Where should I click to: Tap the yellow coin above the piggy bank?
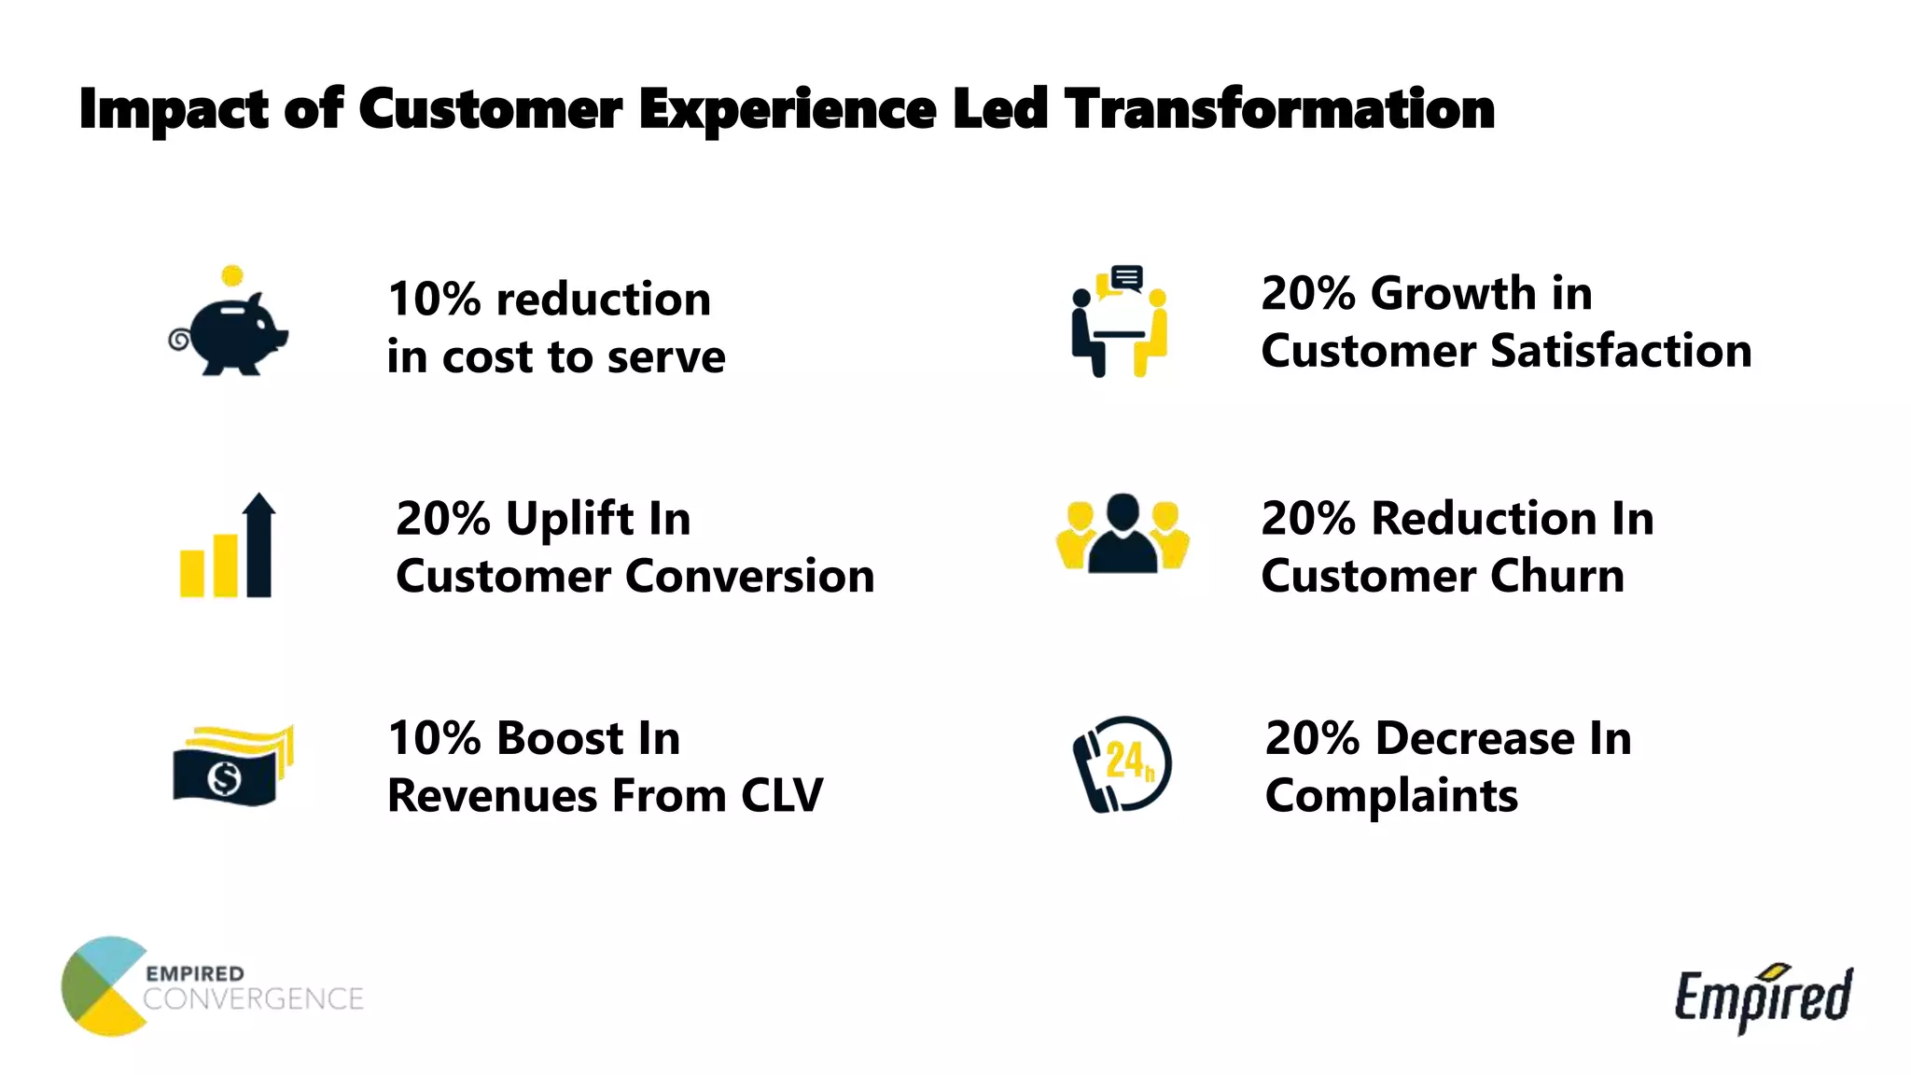(x=232, y=275)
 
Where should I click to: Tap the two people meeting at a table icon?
(x=1119, y=322)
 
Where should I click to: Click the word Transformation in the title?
(x=1279, y=109)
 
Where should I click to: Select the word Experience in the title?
(x=787, y=109)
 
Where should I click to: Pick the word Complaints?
(x=1390, y=796)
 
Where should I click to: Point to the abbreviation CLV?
(x=782, y=796)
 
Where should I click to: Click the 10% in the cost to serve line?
(x=434, y=300)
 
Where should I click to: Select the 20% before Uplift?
(x=442, y=519)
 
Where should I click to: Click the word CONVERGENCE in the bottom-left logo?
(x=253, y=999)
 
